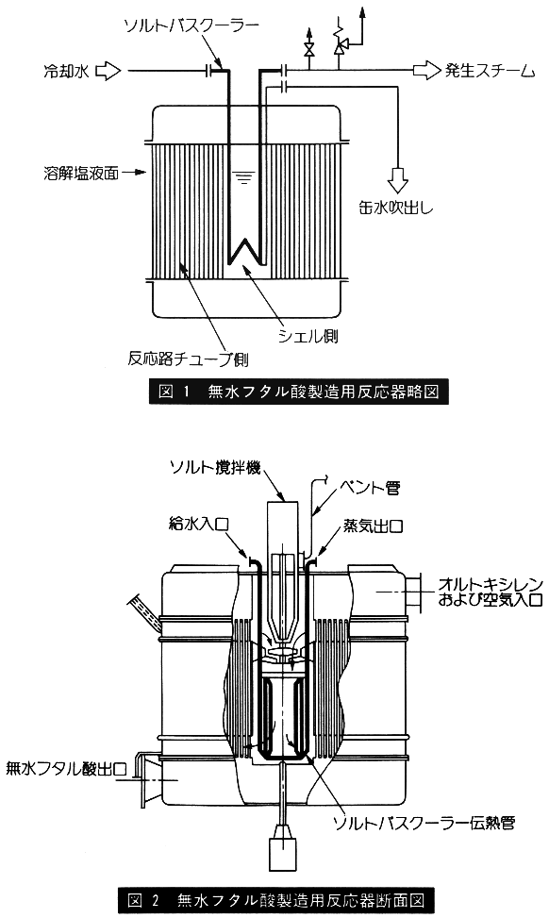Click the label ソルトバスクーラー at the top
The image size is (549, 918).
(x=191, y=25)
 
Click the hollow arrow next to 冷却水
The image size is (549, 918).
(x=108, y=72)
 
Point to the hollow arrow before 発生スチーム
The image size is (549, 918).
(x=426, y=71)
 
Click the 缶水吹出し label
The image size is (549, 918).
(x=396, y=208)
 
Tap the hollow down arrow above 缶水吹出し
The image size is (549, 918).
(x=399, y=181)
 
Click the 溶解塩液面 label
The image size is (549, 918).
(x=81, y=174)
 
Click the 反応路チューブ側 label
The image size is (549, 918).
(x=188, y=358)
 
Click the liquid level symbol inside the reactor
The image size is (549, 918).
(x=241, y=174)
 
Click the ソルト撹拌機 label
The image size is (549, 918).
(x=215, y=467)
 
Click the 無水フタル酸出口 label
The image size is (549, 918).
(x=66, y=768)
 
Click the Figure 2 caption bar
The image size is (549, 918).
(x=275, y=899)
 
